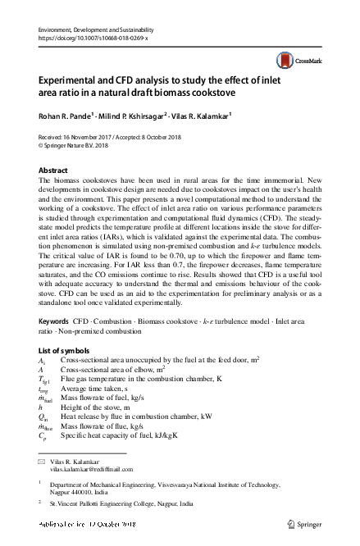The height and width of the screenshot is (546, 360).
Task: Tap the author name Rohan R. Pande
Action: (66, 115)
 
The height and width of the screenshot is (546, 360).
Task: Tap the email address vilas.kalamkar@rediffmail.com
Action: (91, 470)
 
